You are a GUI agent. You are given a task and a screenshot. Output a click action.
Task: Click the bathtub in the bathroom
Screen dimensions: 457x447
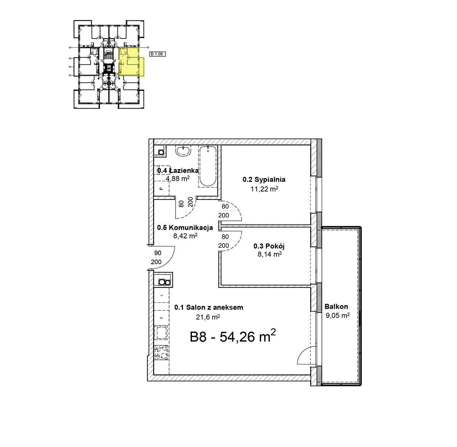click(208, 166)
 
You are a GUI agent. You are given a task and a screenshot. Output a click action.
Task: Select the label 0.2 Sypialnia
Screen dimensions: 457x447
click(264, 180)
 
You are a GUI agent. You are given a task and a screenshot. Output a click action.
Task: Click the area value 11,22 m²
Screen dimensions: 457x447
click(264, 189)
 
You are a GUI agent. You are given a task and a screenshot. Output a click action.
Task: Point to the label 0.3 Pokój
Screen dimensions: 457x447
click(269, 246)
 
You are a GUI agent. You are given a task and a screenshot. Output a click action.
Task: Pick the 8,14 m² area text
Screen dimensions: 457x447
click(270, 254)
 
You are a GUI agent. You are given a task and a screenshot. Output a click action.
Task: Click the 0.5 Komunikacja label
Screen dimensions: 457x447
click(185, 227)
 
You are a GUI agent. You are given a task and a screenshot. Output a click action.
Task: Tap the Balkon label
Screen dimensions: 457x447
click(336, 307)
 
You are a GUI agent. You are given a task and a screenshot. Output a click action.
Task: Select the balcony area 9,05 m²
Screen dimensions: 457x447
click(338, 315)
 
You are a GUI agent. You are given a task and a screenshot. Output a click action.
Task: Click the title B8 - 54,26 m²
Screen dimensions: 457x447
click(232, 337)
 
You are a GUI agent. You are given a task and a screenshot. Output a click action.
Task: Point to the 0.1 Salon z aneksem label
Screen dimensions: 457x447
click(209, 307)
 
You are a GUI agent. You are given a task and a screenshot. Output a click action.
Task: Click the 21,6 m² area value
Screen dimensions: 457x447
click(208, 317)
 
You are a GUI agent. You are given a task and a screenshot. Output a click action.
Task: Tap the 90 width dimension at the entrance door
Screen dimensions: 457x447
click(158, 253)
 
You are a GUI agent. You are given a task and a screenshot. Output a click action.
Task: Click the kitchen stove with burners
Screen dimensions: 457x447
click(161, 353)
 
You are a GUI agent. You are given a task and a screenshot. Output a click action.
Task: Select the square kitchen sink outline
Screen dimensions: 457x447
click(161, 332)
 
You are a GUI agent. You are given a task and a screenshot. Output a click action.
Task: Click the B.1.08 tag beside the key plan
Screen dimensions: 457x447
click(157, 54)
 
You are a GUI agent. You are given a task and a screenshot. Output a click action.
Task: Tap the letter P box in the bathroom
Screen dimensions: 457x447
click(161, 188)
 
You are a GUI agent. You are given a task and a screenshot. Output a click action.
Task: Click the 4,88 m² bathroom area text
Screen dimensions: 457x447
click(177, 179)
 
